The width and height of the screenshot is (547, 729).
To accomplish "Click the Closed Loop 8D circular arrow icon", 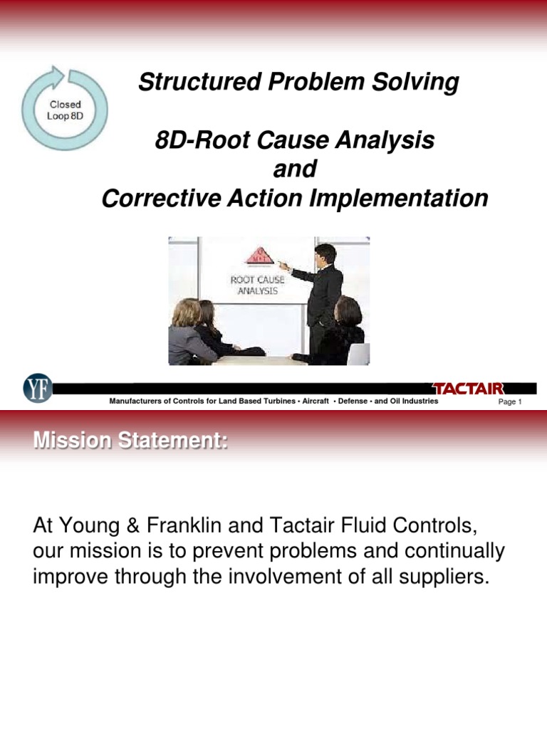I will (65, 108).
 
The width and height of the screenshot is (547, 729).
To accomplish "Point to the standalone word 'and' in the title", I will (294, 170).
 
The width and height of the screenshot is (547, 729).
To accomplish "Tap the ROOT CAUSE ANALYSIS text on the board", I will (257, 285).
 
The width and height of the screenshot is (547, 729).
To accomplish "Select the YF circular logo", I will (37, 389).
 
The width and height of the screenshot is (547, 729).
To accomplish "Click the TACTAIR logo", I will (469, 388).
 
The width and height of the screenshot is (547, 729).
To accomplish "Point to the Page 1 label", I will (510, 402).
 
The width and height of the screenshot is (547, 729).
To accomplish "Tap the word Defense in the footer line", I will (353, 402).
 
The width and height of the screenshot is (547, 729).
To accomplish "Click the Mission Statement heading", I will (130, 442).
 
